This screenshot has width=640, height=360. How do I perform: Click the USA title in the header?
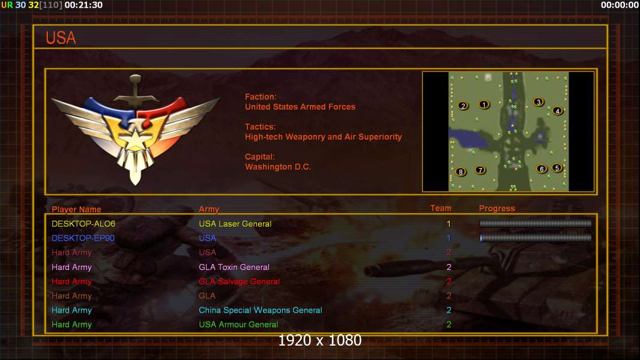click(x=61, y=38)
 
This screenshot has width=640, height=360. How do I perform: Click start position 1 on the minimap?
click(x=484, y=105)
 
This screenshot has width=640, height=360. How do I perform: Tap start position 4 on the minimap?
click(x=558, y=110)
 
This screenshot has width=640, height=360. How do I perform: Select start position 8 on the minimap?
click(x=461, y=172)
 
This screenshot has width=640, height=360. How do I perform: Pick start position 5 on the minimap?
click(x=557, y=167)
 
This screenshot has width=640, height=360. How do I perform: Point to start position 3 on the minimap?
click(x=539, y=102)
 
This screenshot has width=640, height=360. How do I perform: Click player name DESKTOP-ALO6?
click(x=83, y=224)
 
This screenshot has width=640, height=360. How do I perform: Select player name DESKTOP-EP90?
click(x=83, y=238)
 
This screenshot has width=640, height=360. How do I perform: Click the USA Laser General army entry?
click(x=235, y=224)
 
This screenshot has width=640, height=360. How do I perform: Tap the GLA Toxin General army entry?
click(x=234, y=267)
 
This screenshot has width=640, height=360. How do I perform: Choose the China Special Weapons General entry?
click(x=261, y=310)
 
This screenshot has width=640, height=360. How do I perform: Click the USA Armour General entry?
click(x=238, y=325)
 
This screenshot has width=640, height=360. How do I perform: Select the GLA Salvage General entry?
click(x=239, y=281)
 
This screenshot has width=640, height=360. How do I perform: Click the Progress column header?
click(x=497, y=208)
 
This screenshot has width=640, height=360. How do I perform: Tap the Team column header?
click(x=441, y=208)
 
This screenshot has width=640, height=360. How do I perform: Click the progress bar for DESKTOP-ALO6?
click(x=536, y=223)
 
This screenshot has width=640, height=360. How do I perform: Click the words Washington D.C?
click(x=278, y=167)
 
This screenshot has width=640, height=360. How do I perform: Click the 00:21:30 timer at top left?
click(x=83, y=5)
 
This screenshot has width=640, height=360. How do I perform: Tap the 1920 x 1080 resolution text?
click(x=320, y=340)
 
